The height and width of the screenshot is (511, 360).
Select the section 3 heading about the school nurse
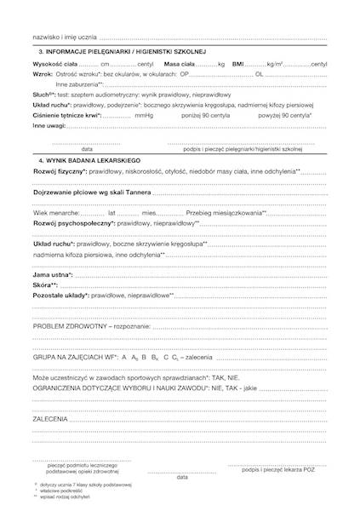(127, 53)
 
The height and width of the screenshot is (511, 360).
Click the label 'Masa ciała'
(179, 64)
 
